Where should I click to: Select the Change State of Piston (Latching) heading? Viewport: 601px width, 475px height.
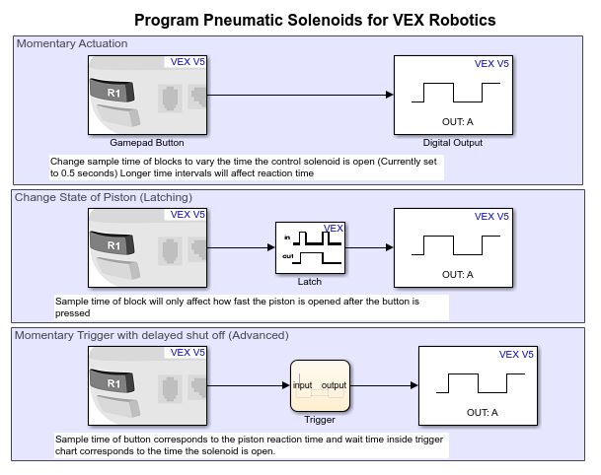(103, 197)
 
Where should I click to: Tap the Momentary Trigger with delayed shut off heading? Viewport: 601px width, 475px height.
(151, 335)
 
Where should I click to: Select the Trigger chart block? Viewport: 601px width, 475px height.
(321, 386)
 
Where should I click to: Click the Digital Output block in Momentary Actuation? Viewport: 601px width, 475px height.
(454, 95)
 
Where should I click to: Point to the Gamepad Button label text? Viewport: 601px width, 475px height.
(148, 142)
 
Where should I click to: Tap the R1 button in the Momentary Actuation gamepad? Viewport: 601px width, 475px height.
(113, 93)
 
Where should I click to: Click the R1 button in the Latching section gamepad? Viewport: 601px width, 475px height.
(113, 244)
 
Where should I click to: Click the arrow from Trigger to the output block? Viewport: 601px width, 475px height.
(385, 386)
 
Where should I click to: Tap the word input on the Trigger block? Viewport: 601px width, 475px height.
(303, 384)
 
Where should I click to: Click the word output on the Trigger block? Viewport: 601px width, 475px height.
(336, 384)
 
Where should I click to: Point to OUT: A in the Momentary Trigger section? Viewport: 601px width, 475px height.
(481, 412)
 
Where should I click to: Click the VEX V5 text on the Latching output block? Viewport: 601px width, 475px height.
(491, 215)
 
